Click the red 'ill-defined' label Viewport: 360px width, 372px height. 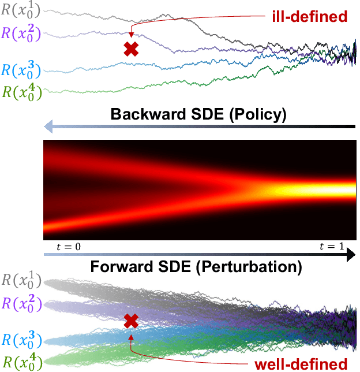[309, 16]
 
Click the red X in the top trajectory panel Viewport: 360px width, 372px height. [132, 50]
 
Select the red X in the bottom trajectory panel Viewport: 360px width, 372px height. [132, 321]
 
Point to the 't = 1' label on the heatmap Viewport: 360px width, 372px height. [332, 247]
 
